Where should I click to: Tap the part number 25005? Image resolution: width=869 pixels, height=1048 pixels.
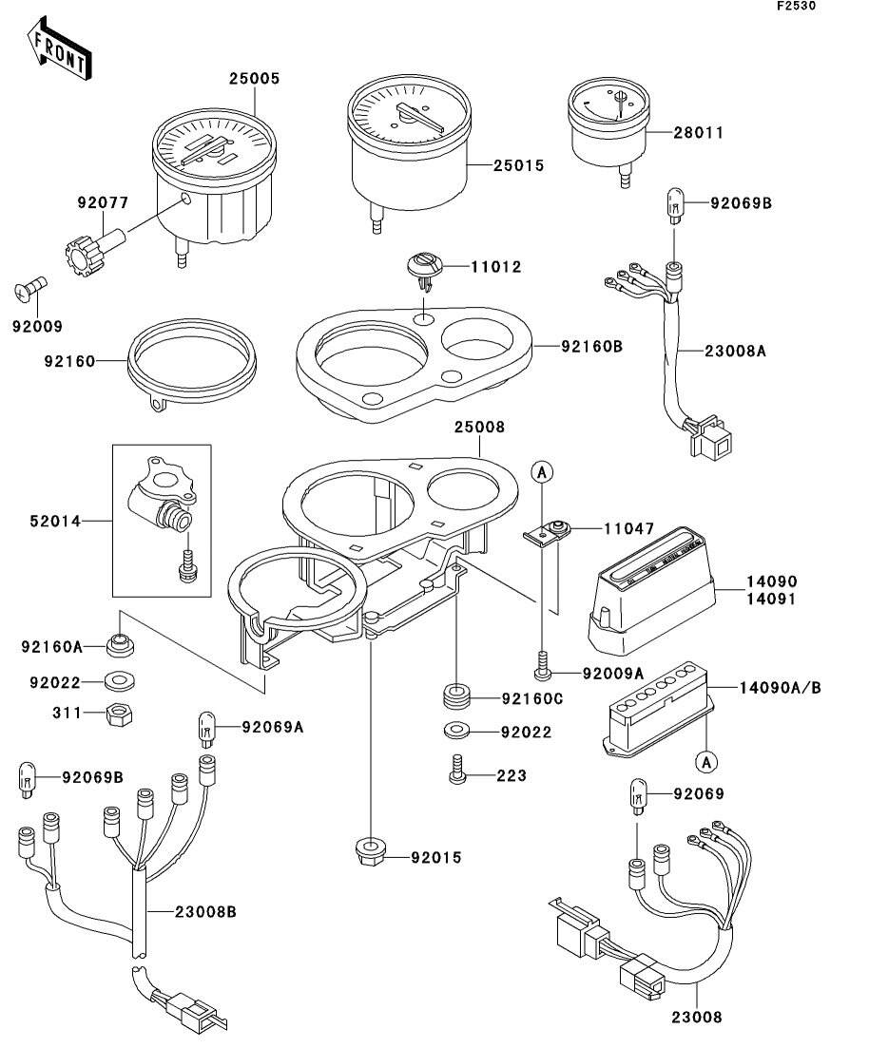click(x=254, y=79)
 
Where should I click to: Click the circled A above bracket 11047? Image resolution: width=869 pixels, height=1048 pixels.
click(x=541, y=470)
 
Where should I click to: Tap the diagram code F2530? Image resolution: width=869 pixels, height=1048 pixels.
click(x=795, y=6)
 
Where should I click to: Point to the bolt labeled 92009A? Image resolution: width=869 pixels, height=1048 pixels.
click(x=542, y=671)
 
